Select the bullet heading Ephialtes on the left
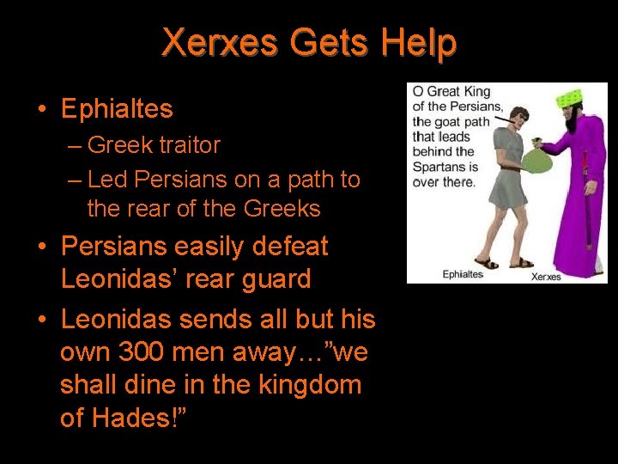pyautogui.click(x=117, y=109)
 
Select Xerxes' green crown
pyautogui.click(x=574, y=97)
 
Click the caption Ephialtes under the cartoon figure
pyautogui.click(x=463, y=275)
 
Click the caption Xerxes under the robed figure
pyautogui.click(x=546, y=277)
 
